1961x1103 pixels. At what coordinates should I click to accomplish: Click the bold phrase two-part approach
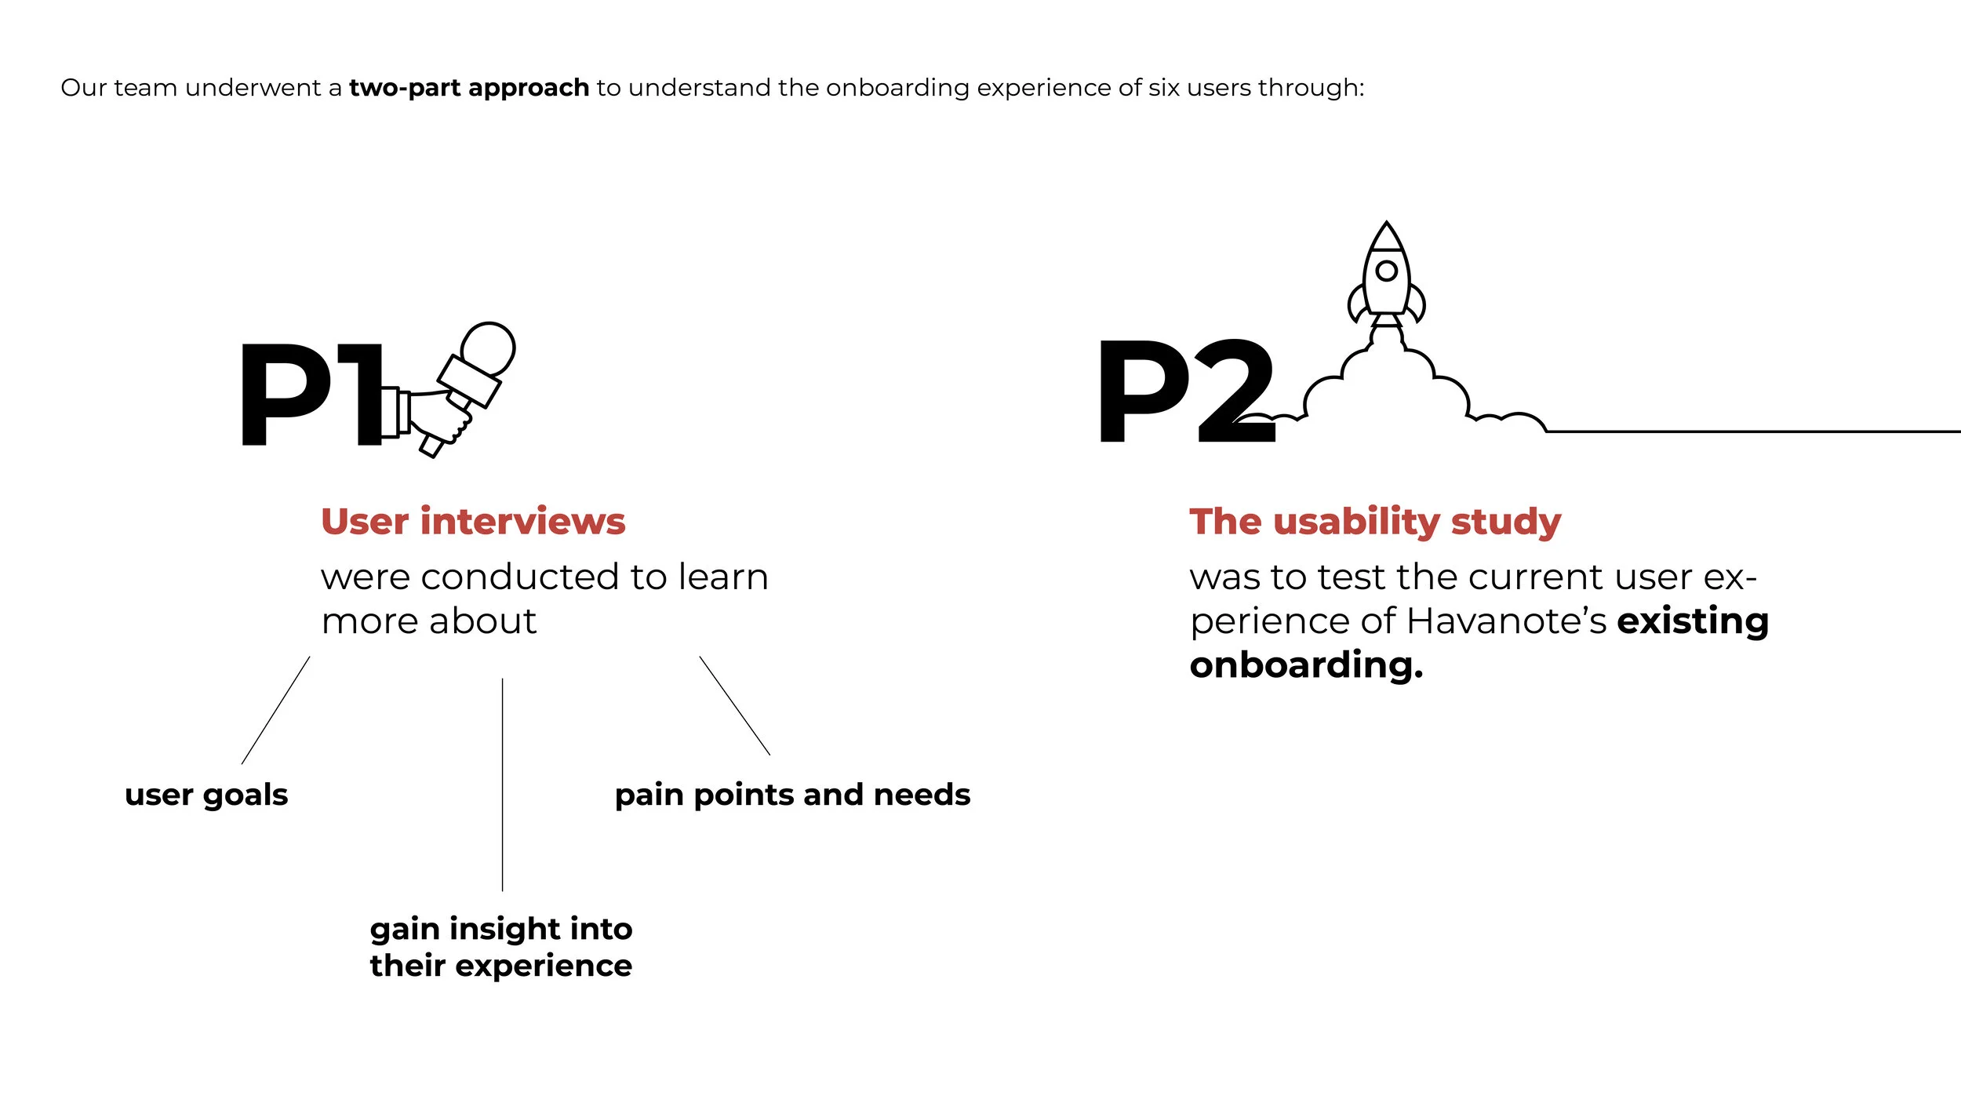point(468,88)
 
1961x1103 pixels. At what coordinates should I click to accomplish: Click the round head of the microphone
point(488,348)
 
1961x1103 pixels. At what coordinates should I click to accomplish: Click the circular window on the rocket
point(1386,271)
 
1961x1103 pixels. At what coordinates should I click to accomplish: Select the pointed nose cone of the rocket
point(1386,236)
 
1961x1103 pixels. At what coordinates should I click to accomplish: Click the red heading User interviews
point(473,522)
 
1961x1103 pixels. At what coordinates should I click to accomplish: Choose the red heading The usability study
point(1374,522)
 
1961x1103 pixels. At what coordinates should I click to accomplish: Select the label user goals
point(206,795)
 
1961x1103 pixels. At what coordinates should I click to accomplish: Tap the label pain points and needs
point(792,795)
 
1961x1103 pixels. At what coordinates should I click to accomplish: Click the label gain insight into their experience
point(500,947)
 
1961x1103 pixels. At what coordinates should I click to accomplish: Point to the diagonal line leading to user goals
point(275,710)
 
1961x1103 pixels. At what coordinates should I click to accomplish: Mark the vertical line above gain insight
point(502,784)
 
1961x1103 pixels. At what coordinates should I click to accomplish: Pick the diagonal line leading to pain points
point(734,705)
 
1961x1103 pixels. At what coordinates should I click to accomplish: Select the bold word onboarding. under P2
point(1306,665)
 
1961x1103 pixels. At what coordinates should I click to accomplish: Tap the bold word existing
point(1693,621)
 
